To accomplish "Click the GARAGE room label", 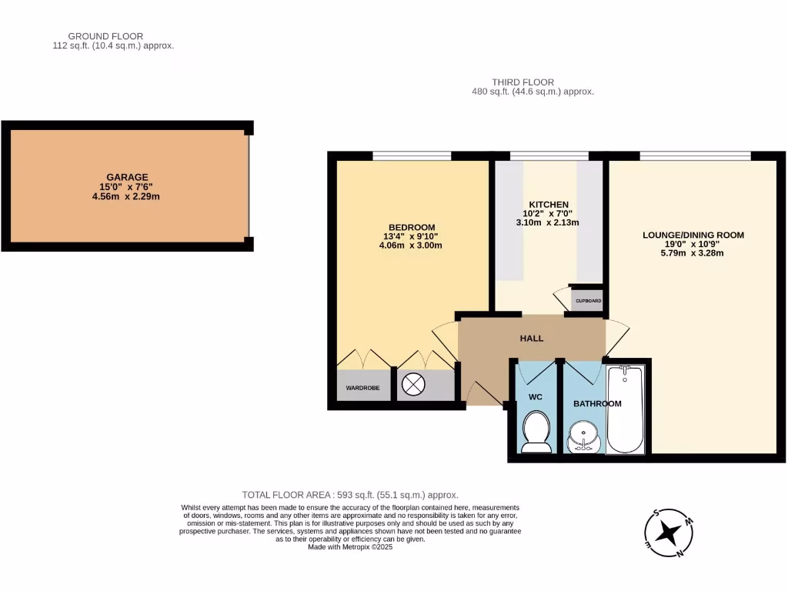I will point(127,177).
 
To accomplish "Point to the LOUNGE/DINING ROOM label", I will point(693,235).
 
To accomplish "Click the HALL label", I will point(531,339).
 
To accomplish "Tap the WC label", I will point(535,398).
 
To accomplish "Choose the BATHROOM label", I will point(596,403).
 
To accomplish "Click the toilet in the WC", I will point(535,431).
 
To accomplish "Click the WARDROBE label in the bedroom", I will point(362,388).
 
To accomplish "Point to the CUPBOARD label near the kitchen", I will point(586,301).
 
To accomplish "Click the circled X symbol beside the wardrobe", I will point(414,385).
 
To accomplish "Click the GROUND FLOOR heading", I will point(105,36).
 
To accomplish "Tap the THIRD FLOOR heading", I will point(523,82).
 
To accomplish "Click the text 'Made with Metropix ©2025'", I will point(350,547).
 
